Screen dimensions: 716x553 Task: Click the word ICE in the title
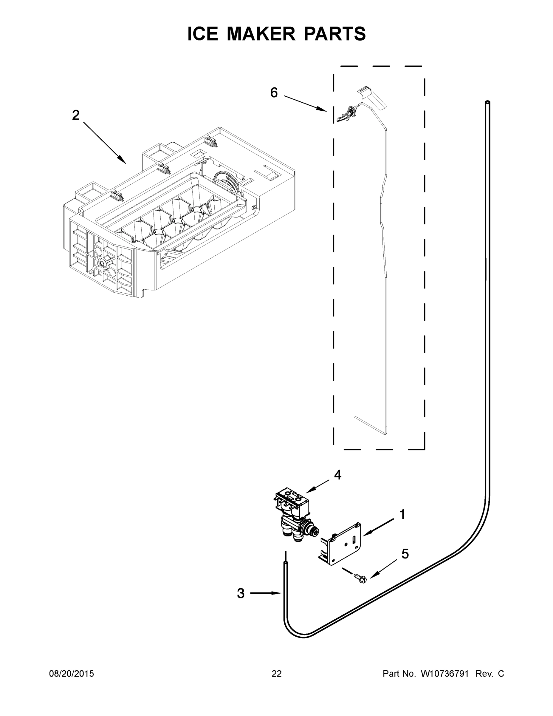point(202,34)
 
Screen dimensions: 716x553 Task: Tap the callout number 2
point(76,115)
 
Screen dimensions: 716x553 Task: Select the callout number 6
point(274,93)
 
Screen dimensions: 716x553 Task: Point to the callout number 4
point(337,475)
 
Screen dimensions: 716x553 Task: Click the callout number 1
point(402,514)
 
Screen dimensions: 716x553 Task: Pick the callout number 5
point(405,554)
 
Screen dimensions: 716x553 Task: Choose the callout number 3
point(241,593)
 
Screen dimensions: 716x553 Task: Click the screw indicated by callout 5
point(360,578)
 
